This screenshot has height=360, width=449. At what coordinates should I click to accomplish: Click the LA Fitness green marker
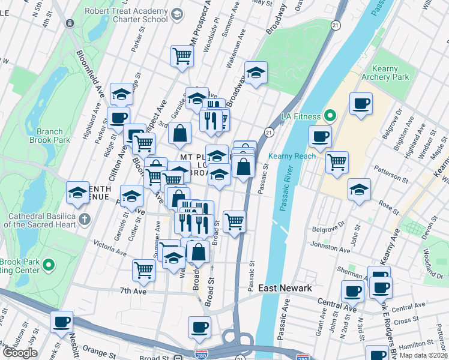[330, 115]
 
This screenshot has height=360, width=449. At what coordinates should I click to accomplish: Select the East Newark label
[285, 289]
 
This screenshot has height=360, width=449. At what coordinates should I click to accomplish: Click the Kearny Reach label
[292, 156]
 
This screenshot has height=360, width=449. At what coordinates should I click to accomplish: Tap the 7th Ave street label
[133, 291]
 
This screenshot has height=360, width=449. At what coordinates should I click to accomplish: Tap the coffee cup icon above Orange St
[61, 322]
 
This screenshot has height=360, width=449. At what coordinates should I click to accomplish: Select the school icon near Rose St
[359, 190]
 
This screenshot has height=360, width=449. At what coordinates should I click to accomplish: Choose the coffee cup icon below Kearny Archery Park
[361, 104]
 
